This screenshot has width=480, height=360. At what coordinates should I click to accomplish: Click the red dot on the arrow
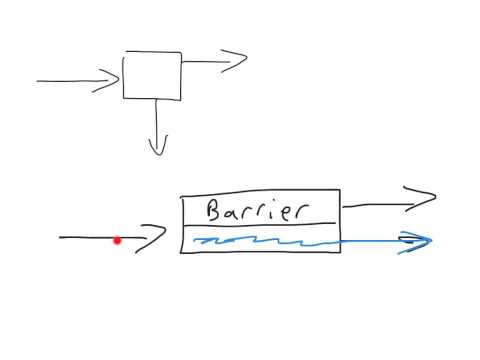pyautogui.click(x=117, y=240)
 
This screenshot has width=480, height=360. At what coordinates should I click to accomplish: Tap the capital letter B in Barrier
pyautogui.click(x=212, y=210)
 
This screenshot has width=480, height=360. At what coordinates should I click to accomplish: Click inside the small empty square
pyautogui.click(x=152, y=76)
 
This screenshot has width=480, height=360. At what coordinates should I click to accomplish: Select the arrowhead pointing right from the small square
pyautogui.click(x=238, y=61)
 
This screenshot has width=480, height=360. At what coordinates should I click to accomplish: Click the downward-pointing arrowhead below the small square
pyautogui.click(x=157, y=147)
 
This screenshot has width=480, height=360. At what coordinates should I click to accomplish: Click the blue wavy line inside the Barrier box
pyautogui.click(x=260, y=241)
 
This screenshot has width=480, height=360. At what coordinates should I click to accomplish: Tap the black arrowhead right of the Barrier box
pyautogui.click(x=427, y=198)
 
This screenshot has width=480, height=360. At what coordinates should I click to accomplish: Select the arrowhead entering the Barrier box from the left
pyautogui.click(x=157, y=238)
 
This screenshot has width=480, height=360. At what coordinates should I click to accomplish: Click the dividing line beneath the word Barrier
pyautogui.click(x=260, y=225)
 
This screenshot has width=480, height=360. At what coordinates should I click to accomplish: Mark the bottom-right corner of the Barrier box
pyautogui.click(x=340, y=252)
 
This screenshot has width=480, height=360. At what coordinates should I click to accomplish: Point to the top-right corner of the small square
pyautogui.click(x=181, y=53)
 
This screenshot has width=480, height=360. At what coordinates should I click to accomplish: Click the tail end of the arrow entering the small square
pyautogui.click(x=39, y=81)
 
